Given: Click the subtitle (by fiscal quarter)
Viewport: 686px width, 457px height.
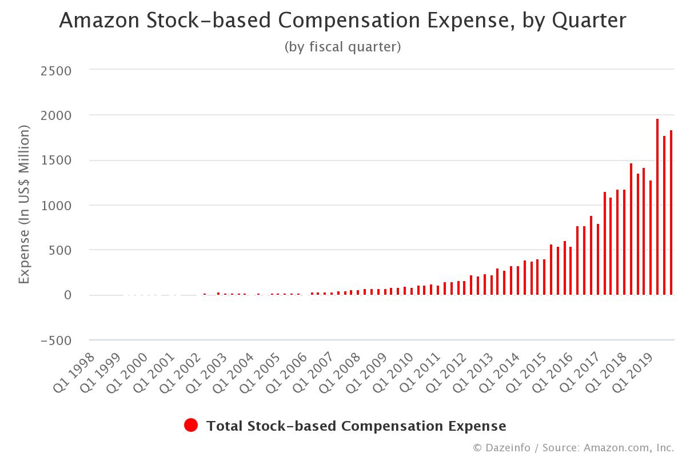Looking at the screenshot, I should pyautogui.click(x=342, y=47).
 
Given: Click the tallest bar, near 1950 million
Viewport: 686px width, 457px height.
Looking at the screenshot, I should pyautogui.click(x=657, y=207).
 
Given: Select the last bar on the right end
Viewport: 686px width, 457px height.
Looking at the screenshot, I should pyautogui.click(x=671, y=213).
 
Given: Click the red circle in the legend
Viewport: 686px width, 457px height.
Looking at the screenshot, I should pyautogui.click(x=191, y=426).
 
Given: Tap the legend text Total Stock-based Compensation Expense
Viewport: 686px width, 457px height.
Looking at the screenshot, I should pyautogui.click(x=356, y=426).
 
